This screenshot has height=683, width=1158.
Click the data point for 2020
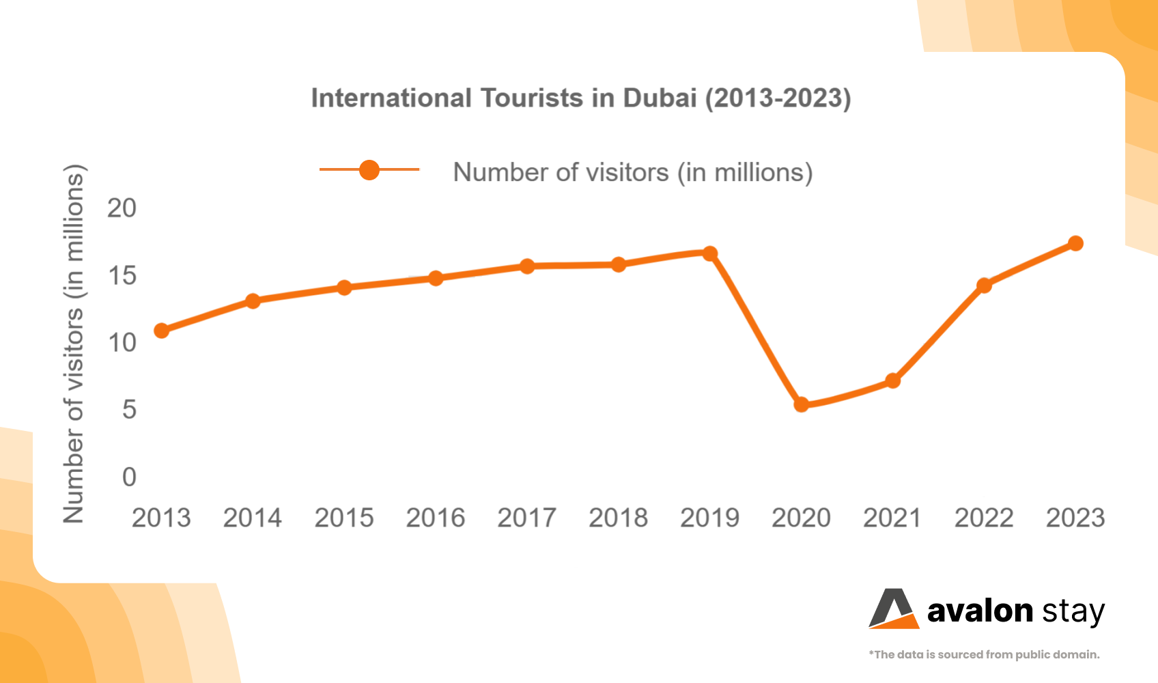pyautogui.click(x=802, y=404)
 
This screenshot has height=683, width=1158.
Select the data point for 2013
pyautogui.click(x=162, y=331)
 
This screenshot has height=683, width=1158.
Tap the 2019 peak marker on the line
pyautogui.click(x=710, y=253)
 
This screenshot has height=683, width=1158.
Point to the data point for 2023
pyautogui.click(x=1075, y=243)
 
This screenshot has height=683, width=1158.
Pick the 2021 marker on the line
pyautogui.click(x=892, y=380)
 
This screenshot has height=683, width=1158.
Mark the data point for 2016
pyautogui.click(x=436, y=278)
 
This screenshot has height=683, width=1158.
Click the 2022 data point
pyautogui.click(x=984, y=285)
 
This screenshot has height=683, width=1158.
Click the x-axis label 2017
pyautogui.click(x=526, y=518)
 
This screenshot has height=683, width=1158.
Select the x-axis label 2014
pyautogui.click(x=253, y=518)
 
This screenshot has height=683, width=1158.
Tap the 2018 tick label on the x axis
pyautogui.click(x=618, y=518)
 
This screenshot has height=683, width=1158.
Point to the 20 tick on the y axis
pyautogui.click(x=122, y=208)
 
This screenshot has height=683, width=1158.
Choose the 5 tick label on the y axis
pyautogui.click(x=129, y=410)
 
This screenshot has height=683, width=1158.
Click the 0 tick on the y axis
pyautogui.click(x=129, y=477)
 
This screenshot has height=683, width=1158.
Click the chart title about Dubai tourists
pyautogui.click(x=581, y=98)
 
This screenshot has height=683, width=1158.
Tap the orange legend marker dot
pyautogui.click(x=369, y=169)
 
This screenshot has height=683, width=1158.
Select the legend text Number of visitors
pyautogui.click(x=633, y=172)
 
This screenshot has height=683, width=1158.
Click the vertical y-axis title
pyautogui.click(x=73, y=344)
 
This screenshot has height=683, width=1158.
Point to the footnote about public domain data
pyautogui.click(x=984, y=654)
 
